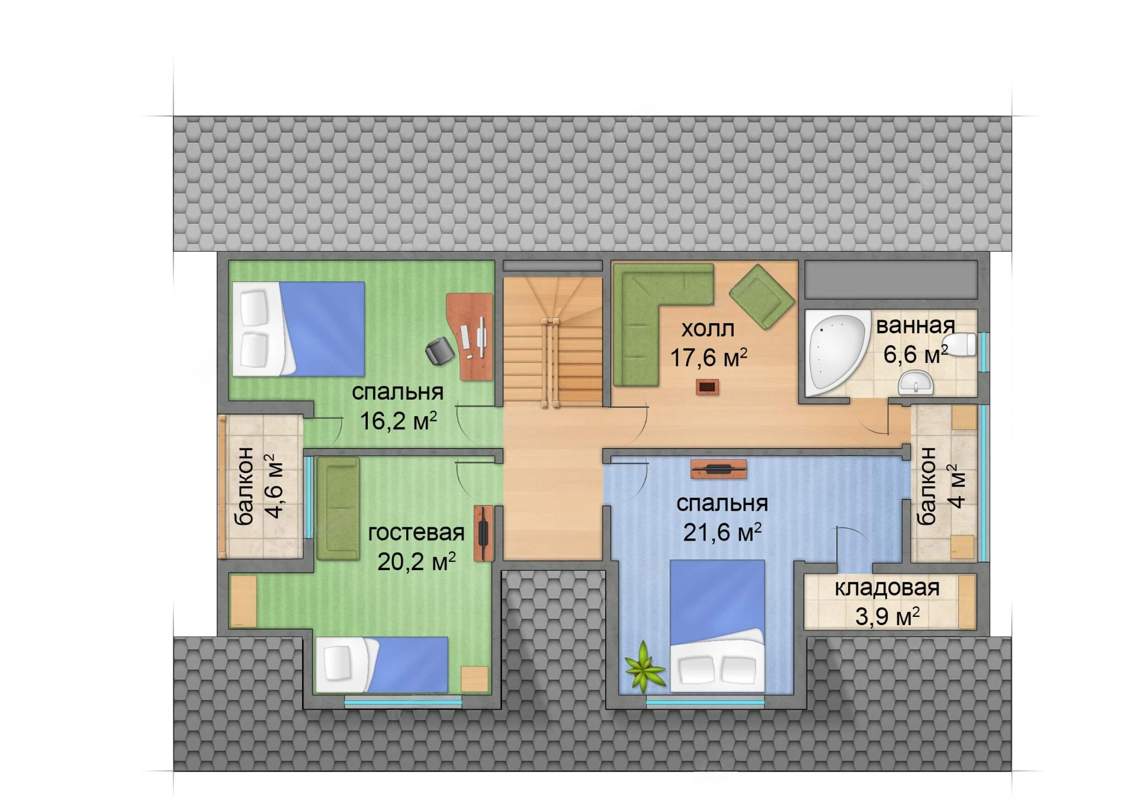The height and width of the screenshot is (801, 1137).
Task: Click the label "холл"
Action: coord(707,328)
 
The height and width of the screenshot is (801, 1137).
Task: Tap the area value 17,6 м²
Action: coord(708,357)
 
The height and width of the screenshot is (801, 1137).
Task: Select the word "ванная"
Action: coord(915,325)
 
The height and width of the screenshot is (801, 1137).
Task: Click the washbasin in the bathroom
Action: coord(916,382)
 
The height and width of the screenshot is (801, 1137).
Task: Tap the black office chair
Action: coord(439,351)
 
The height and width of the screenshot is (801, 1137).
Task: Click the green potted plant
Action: coord(644,667)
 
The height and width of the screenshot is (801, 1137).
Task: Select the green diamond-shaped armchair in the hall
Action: coord(762,296)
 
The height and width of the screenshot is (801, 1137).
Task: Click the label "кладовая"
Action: coord(887,588)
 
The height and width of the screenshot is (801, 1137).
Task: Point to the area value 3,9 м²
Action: coord(887,616)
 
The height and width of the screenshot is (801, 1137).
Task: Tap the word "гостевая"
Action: coord(416,533)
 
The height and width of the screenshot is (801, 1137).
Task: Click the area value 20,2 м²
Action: coord(416,561)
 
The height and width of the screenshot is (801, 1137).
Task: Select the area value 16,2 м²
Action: coord(398,420)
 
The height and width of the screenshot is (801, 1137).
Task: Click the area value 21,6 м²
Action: coord(722,532)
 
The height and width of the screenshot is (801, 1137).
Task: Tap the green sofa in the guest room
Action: coord(338,509)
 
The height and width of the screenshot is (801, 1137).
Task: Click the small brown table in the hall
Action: coord(707,387)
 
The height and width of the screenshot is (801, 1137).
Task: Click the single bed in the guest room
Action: coord(382,664)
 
